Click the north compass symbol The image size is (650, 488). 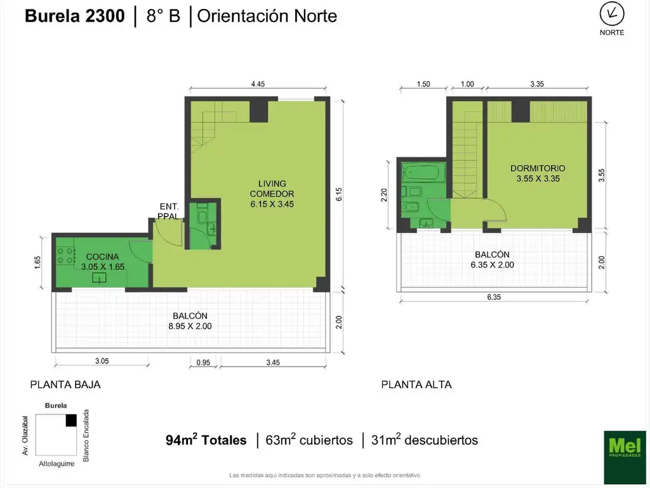[611, 14]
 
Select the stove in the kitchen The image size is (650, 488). [65, 255]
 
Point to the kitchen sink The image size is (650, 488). [99, 277]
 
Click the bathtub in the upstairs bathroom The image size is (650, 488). [423, 172]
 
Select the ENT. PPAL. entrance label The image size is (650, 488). [169, 211]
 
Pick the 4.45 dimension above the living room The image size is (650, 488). [258, 85]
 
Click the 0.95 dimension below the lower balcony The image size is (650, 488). [203, 363]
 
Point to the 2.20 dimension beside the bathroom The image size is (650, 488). [383, 195]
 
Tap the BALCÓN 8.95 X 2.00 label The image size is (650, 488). [190, 321]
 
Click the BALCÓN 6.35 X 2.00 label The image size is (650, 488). [492, 260]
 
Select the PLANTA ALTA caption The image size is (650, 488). [416, 384]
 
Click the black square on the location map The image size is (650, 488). [71, 421]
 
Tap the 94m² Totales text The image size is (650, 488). [206, 440]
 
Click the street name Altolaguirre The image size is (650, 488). [56, 464]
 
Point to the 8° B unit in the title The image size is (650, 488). [163, 16]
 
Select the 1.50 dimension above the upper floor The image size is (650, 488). [423, 85]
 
